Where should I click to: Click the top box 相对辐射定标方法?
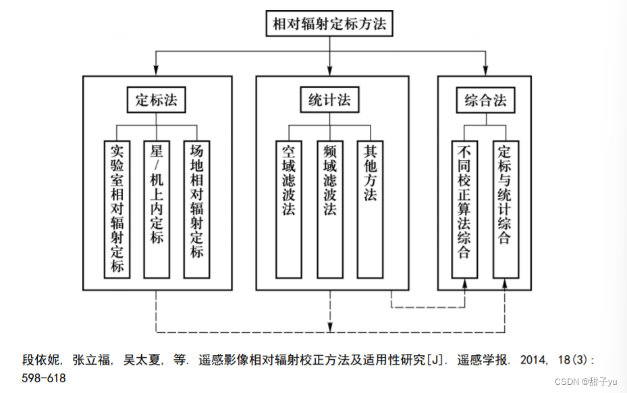pos(330,24)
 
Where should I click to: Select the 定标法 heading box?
pos(156,101)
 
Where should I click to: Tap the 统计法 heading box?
pos(330,101)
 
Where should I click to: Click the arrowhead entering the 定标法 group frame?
pos(156,71)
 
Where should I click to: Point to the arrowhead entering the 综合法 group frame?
pos(485,71)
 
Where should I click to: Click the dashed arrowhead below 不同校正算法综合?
pos(464,285)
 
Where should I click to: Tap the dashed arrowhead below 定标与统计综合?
pos(506,285)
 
